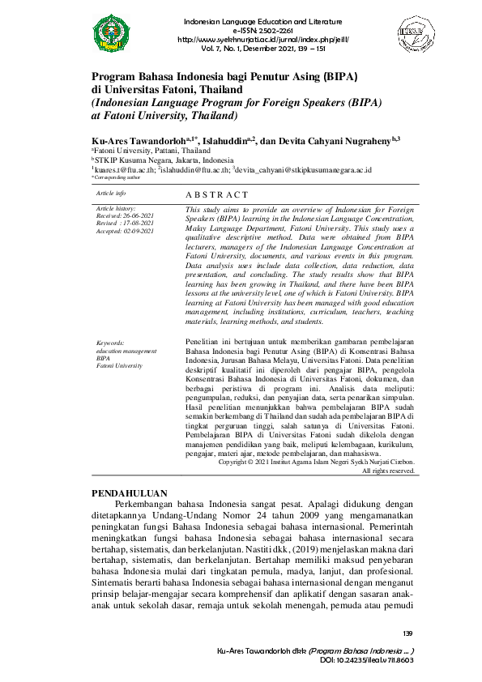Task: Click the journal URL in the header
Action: [254, 39]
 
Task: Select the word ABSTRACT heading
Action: [217, 195]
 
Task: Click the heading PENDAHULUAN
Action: [130, 492]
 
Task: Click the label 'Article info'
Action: [110, 194]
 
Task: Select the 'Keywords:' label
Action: [112, 343]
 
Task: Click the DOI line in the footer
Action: [366, 661]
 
